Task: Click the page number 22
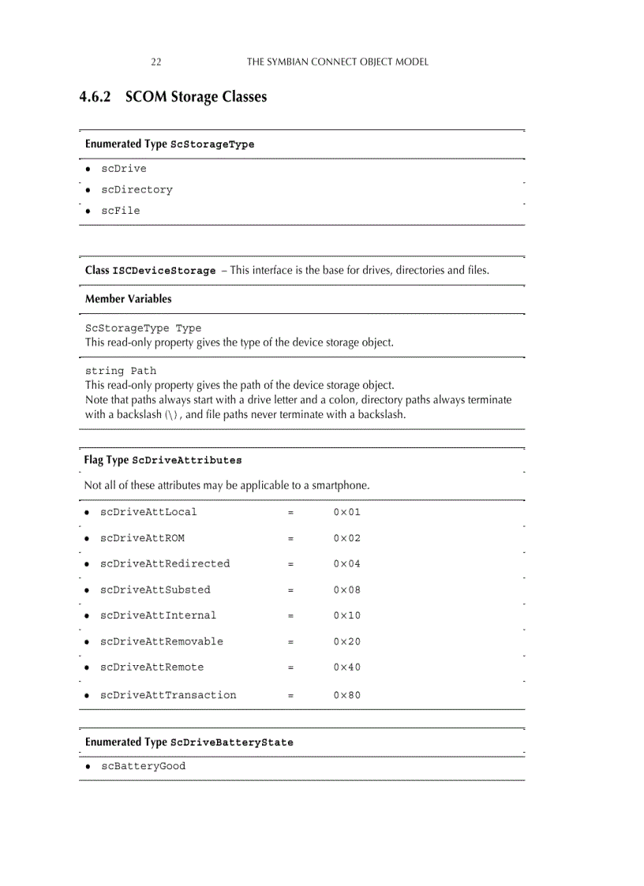[x=155, y=62]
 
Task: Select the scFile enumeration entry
[x=120, y=211]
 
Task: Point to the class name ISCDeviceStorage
[x=164, y=271]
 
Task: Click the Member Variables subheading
[x=128, y=299]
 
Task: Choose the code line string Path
[x=121, y=371]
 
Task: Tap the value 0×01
[x=346, y=512]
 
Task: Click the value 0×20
[x=346, y=641]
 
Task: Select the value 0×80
[x=346, y=695]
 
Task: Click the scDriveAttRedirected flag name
[x=165, y=563]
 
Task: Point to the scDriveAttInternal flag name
[x=158, y=615]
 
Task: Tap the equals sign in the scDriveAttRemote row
[x=290, y=667]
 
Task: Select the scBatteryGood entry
[x=143, y=766]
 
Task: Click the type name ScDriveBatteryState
[x=231, y=742]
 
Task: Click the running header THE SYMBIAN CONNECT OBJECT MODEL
[x=338, y=62]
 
